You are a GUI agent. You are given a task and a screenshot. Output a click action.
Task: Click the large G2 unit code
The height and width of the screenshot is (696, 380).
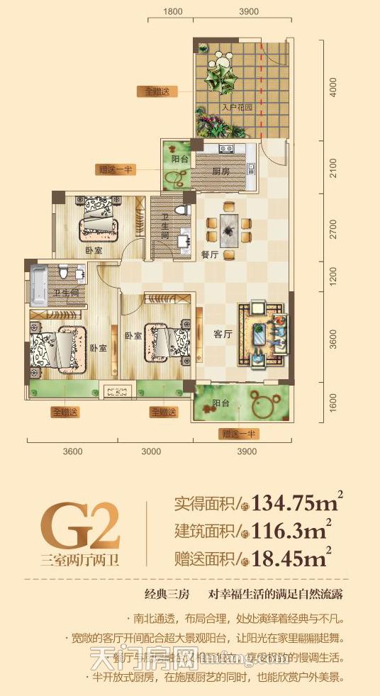click(x=79, y=525)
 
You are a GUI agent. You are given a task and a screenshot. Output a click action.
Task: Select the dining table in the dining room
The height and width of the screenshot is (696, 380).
click(x=228, y=231)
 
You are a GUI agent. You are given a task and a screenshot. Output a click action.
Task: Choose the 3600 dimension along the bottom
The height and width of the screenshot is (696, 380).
click(x=72, y=451)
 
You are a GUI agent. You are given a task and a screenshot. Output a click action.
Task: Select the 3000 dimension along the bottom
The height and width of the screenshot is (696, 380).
click(x=151, y=451)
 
